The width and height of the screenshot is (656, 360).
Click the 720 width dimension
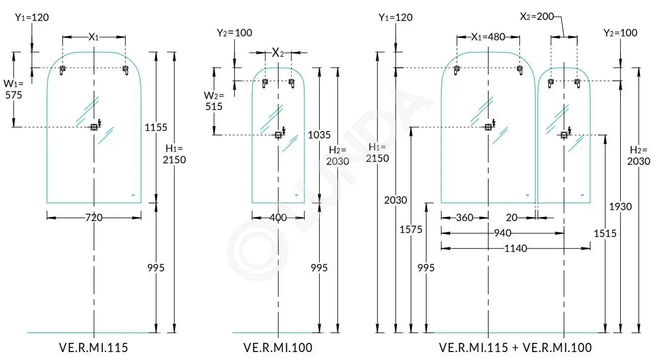[94, 218]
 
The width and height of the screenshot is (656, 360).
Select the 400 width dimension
[278, 218]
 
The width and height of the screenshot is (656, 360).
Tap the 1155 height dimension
[156, 127]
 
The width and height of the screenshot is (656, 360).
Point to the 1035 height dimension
[319, 135]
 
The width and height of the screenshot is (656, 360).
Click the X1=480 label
[488, 37]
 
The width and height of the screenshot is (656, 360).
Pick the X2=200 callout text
[537, 16]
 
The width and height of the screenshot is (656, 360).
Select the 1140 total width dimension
[516, 248]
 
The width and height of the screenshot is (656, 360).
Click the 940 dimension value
[503, 233]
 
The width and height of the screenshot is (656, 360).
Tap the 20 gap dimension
[512, 218]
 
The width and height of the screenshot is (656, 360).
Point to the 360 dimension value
[464, 218]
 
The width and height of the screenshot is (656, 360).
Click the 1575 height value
[411, 230]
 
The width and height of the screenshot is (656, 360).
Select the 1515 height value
[605, 233]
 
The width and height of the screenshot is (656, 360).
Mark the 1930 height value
[620, 207]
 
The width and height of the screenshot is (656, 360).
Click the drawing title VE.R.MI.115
[94, 348]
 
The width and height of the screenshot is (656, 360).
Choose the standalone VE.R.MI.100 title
[277, 348]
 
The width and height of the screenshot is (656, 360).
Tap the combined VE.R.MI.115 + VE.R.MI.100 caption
[515, 348]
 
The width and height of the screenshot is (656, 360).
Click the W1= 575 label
[13, 89]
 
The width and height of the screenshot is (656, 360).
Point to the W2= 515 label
[214, 101]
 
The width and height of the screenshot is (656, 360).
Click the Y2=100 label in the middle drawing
[234, 33]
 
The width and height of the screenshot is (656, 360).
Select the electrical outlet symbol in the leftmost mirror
[94, 127]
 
